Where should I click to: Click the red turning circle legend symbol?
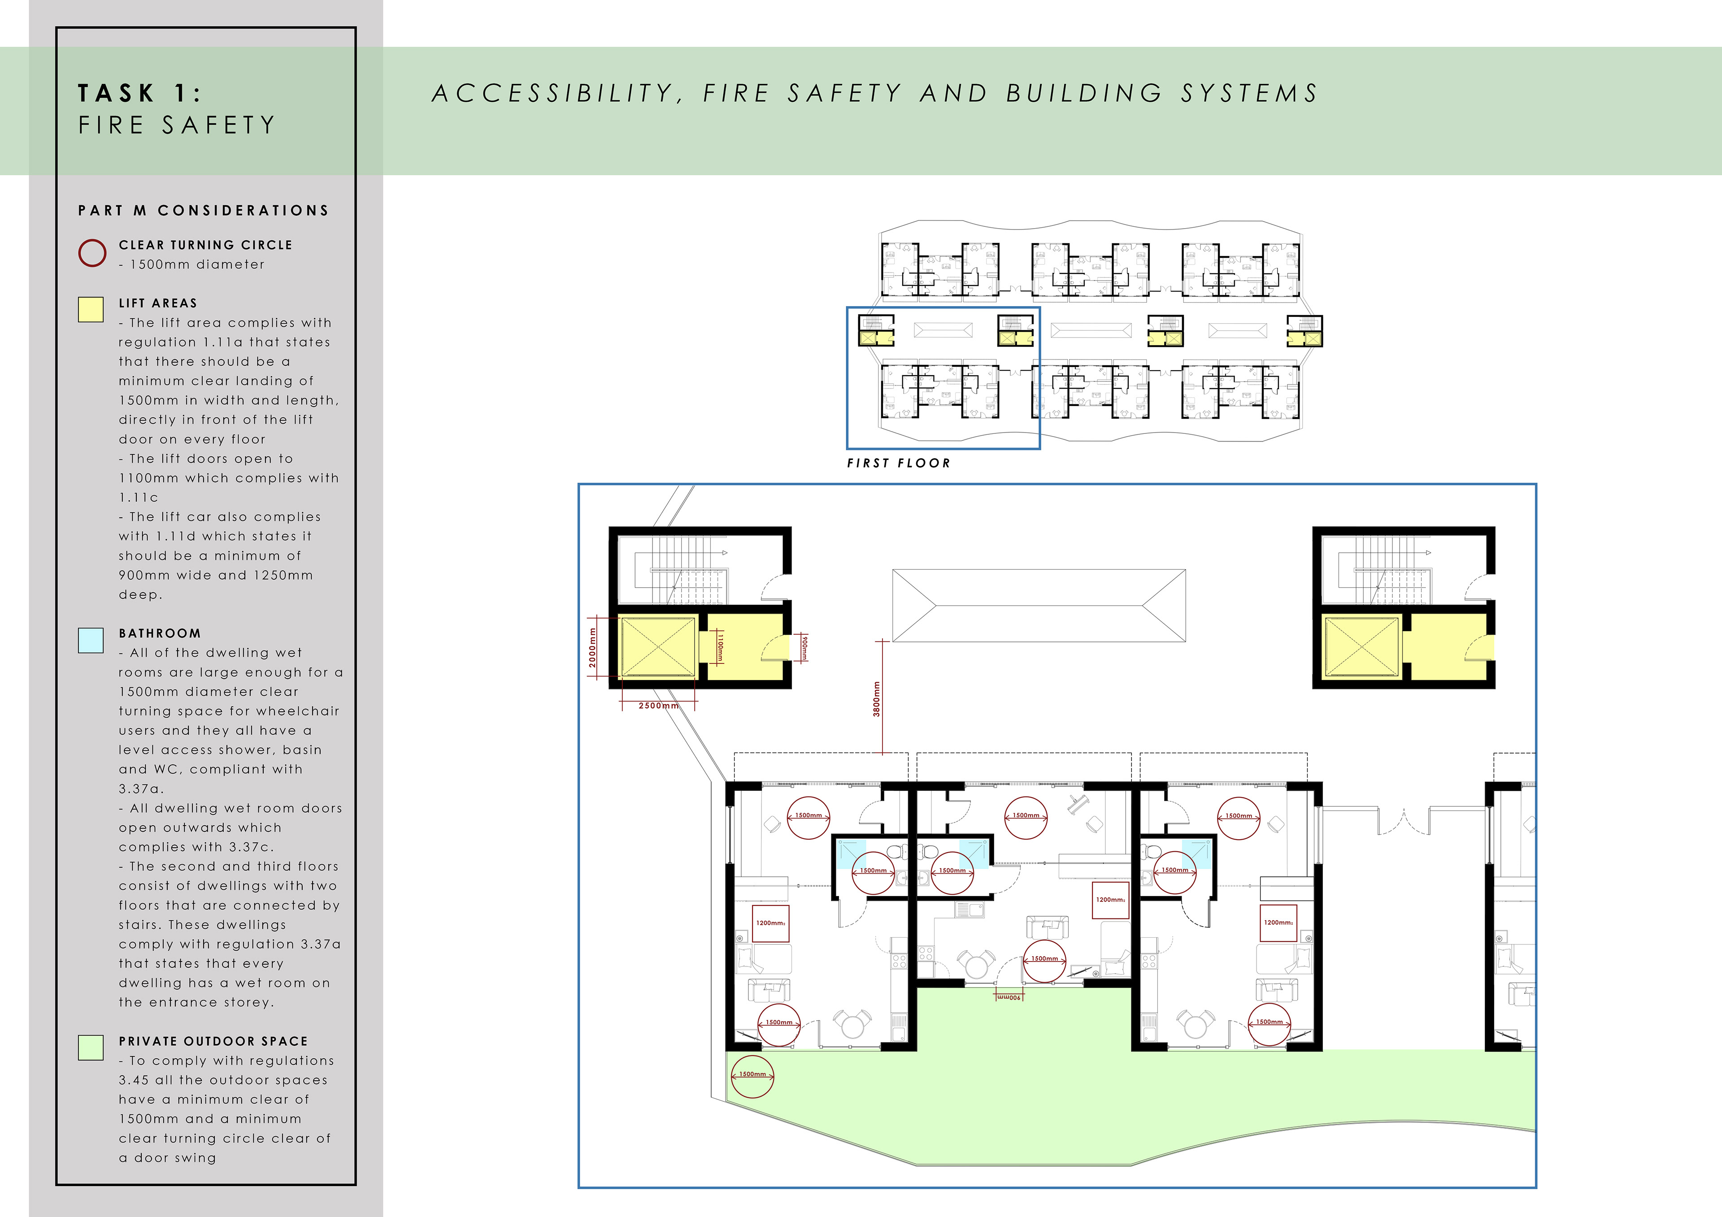click(x=92, y=253)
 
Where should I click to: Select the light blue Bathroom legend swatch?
click(x=91, y=641)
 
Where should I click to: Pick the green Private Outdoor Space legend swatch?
click(x=91, y=1048)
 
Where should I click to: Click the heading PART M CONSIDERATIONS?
click(x=203, y=211)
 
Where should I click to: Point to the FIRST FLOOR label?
click(x=899, y=463)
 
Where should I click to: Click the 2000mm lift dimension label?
click(x=592, y=648)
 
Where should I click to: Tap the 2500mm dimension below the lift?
click(x=658, y=706)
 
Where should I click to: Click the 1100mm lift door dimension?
click(x=720, y=647)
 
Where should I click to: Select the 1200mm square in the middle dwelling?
click(x=1110, y=900)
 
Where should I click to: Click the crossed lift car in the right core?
click(x=1361, y=647)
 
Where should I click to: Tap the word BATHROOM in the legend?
click(x=160, y=634)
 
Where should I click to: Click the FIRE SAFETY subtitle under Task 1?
click(x=177, y=125)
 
